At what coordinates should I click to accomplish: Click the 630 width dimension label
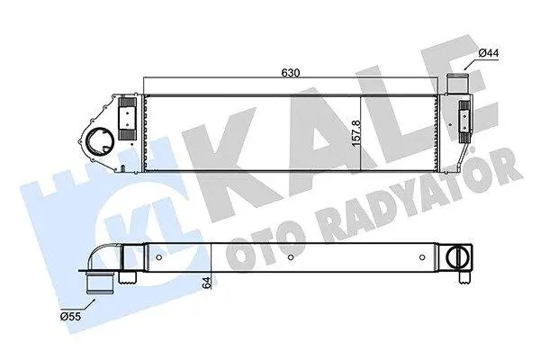coord(291,73)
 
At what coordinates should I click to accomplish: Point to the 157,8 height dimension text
coord(356,132)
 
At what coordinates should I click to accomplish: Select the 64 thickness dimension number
coord(207,283)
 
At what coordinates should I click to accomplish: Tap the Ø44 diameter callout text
coord(489,53)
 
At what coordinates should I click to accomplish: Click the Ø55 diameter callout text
coord(70,316)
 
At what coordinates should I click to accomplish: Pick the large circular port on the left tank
coord(100,141)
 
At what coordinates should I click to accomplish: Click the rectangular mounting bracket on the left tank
coord(127,119)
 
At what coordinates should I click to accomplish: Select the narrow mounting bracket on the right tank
coord(463,121)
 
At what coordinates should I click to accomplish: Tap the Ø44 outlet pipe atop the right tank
coord(458,84)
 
